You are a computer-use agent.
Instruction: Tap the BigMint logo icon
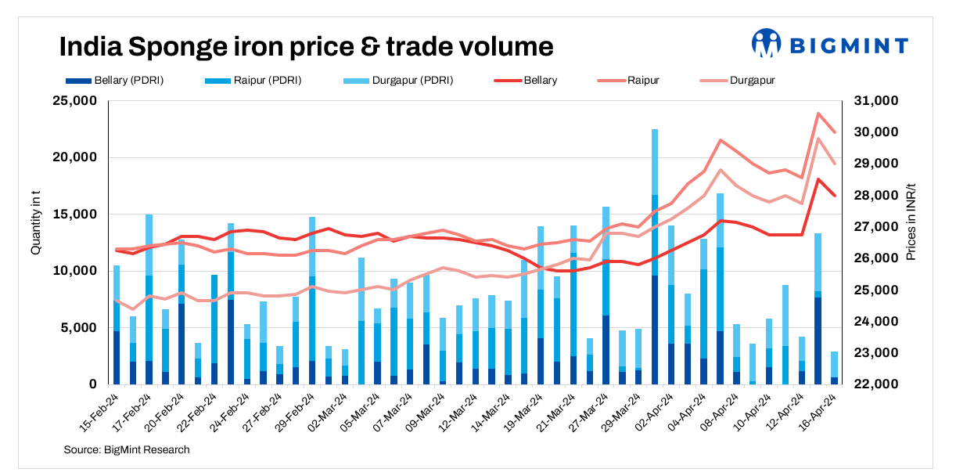click(767, 44)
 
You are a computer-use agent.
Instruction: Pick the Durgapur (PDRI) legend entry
click(401, 80)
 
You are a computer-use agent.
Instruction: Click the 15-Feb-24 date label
click(99, 413)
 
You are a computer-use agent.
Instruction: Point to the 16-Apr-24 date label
click(821, 413)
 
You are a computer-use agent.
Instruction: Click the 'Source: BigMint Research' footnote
click(127, 449)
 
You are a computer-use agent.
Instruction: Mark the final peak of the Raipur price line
click(818, 114)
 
